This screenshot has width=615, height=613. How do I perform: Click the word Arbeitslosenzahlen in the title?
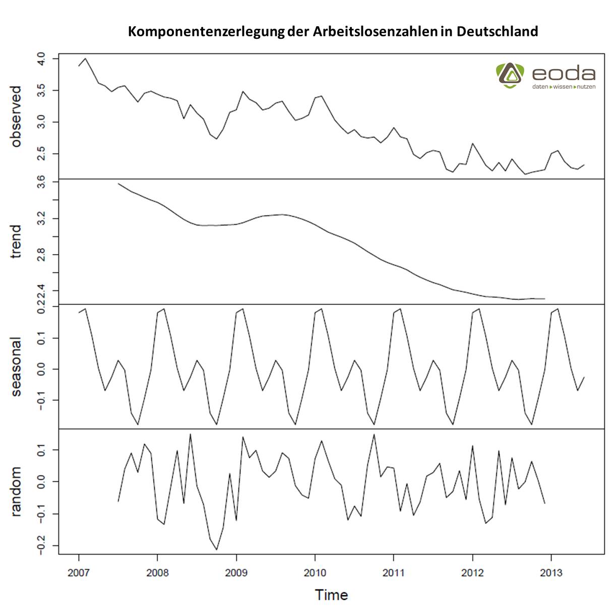pyautogui.click(x=375, y=31)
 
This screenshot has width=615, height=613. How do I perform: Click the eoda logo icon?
pyautogui.click(x=510, y=75)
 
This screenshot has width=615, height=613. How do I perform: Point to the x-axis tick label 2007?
pyautogui.click(x=79, y=573)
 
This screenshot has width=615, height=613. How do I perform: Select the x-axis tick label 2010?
pyautogui.click(x=315, y=573)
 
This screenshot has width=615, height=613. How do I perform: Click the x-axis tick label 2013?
pyautogui.click(x=551, y=573)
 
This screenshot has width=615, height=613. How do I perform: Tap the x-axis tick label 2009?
pyautogui.click(x=236, y=573)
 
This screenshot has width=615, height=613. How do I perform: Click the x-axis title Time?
pyautogui.click(x=331, y=595)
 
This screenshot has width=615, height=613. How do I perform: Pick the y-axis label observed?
pyautogui.click(x=16, y=116)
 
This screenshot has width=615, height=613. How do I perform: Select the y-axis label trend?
pyautogui.click(x=16, y=241)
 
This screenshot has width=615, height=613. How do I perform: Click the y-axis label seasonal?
pyautogui.click(x=16, y=366)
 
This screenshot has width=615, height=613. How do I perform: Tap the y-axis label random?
pyautogui.click(x=16, y=492)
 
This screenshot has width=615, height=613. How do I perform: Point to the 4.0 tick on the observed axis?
pyautogui.click(x=41, y=59)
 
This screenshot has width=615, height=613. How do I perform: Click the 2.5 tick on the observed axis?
pyautogui.click(x=41, y=153)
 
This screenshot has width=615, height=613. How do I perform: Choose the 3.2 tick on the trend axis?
pyautogui.click(x=41, y=218)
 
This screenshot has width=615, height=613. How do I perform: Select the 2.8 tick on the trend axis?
pyautogui.click(x=41, y=254)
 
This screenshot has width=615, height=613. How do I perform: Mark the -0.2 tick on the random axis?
pyautogui.click(x=41, y=545)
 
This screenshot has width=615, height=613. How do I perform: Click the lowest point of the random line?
pyautogui.click(x=216, y=549)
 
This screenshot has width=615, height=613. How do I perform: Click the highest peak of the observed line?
pyautogui.click(x=85, y=58)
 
